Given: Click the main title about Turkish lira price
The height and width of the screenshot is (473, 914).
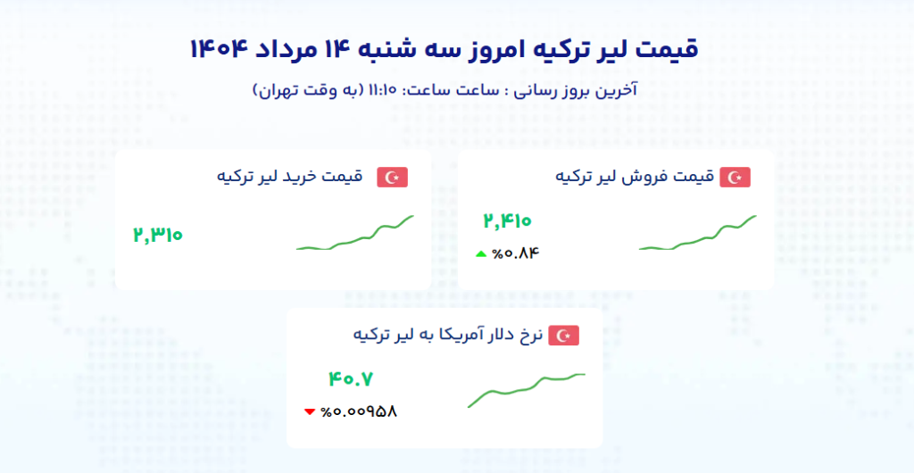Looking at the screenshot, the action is click(x=445, y=49).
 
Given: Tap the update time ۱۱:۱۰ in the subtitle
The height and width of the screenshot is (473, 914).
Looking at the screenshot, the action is click(x=382, y=90).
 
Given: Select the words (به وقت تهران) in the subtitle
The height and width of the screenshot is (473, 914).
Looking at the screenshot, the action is click(x=308, y=91).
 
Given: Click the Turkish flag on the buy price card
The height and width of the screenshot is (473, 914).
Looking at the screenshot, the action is click(x=393, y=177).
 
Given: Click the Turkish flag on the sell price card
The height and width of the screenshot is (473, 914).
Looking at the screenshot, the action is click(x=735, y=177).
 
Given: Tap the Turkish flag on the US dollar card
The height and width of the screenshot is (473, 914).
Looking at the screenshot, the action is click(x=564, y=336).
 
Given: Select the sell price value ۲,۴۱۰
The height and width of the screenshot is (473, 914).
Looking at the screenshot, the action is click(x=507, y=220).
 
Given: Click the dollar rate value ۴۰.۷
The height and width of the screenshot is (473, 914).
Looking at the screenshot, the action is click(x=350, y=379).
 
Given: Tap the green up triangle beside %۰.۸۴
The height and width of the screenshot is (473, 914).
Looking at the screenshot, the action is click(x=481, y=253).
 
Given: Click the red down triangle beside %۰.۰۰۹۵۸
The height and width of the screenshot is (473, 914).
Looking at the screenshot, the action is click(x=310, y=411).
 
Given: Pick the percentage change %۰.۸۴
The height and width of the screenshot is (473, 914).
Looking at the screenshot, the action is click(x=516, y=253).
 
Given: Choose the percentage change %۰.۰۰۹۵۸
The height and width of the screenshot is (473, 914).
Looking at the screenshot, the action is click(x=359, y=411).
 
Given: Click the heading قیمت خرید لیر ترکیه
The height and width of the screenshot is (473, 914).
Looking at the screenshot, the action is click(x=290, y=177).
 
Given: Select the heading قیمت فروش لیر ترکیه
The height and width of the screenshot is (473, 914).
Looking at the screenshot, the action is click(x=635, y=177).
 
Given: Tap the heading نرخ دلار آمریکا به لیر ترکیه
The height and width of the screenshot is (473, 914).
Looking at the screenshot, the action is click(x=448, y=335).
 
